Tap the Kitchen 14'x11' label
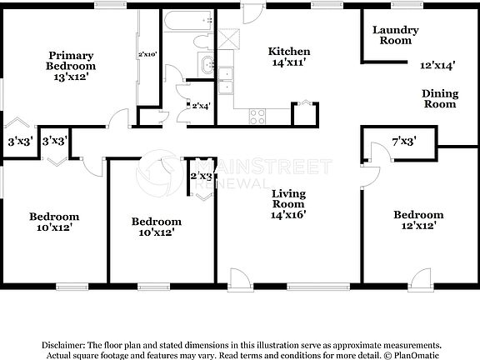[x=289, y=57]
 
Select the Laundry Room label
[x=395, y=35]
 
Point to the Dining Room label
[x=439, y=98]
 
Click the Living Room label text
[x=289, y=199]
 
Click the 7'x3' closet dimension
[x=404, y=142]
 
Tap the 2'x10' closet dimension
[x=147, y=55]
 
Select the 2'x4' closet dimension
[x=200, y=106]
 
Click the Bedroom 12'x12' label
[x=417, y=219]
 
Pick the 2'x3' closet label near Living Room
[x=202, y=176]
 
